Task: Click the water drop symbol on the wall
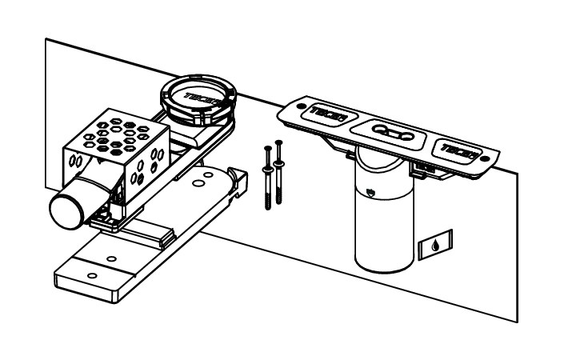pyautogui.click(x=434, y=242)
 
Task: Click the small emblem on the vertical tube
pyautogui.click(x=370, y=190)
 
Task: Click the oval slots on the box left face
pyautogui.click(x=78, y=160)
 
